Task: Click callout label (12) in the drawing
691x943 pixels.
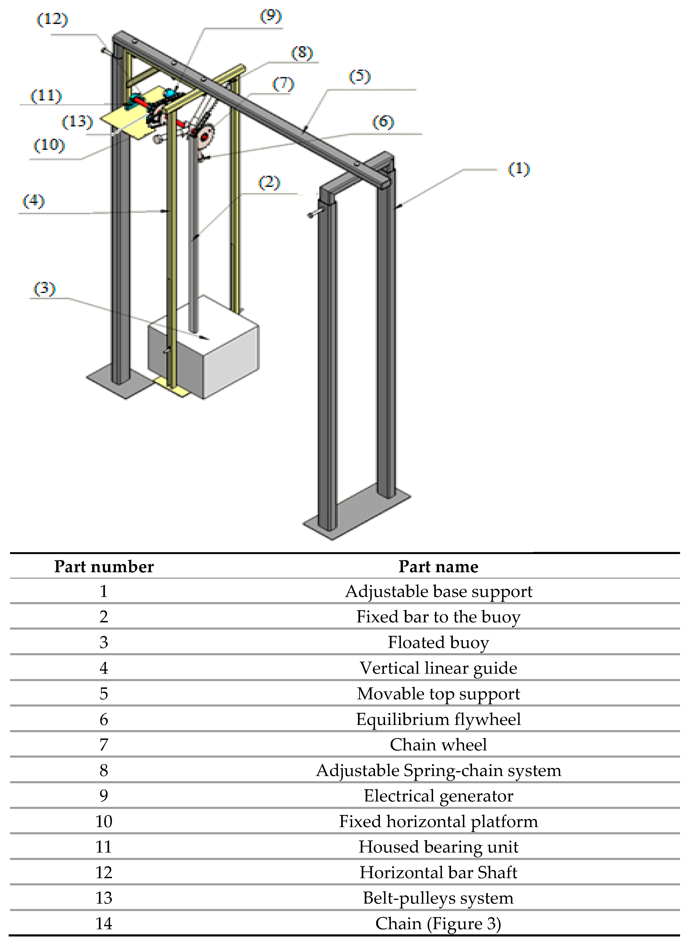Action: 52,19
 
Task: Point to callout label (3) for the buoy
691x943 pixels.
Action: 44,288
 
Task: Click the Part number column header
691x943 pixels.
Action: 104,567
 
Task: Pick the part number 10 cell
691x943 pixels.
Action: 104,821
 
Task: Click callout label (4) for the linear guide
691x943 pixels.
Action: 33,201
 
